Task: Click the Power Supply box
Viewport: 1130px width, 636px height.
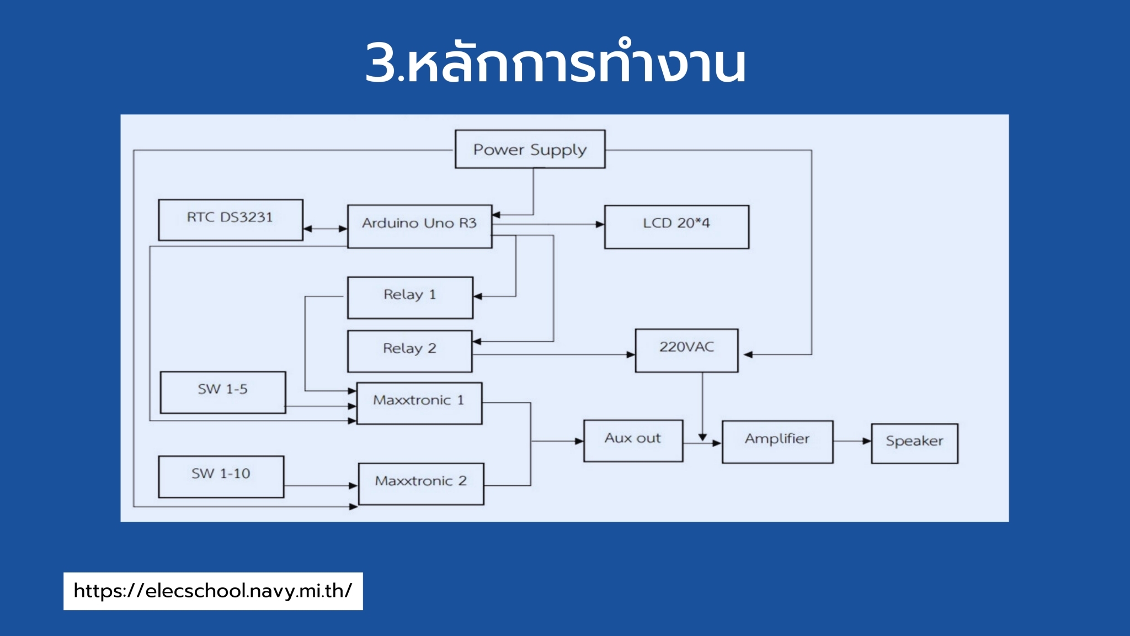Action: [530, 149]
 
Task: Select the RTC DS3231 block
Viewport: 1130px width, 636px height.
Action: [231, 220]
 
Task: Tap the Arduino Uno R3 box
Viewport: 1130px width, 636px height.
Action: [419, 226]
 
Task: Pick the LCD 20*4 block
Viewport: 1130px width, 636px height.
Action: [676, 227]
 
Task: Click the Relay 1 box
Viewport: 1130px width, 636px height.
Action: [410, 298]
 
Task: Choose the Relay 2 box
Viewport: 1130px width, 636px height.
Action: [409, 351]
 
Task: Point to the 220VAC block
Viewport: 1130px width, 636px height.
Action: [686, 351]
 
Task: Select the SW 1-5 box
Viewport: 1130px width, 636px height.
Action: [223, 393]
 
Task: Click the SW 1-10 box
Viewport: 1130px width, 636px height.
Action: [221, 476]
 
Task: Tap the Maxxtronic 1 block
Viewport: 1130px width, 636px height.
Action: [419, 403]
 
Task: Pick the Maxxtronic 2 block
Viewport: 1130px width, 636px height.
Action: [421, 484]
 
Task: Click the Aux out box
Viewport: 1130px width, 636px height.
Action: [633, 441]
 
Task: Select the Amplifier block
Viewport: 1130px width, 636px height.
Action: [777, 442]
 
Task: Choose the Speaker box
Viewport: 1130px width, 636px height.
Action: [914, 443]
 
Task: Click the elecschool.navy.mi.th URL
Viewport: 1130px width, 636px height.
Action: [213, 591]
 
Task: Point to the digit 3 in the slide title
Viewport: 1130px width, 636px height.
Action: [381, 62]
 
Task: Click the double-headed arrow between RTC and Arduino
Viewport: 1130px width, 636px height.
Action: [326, 229]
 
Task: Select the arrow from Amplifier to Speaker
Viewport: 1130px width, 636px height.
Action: [852, 441]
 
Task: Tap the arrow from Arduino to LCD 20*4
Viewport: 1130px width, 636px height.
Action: [548, 225]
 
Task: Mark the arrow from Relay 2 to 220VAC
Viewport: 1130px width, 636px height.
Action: [554, 354]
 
